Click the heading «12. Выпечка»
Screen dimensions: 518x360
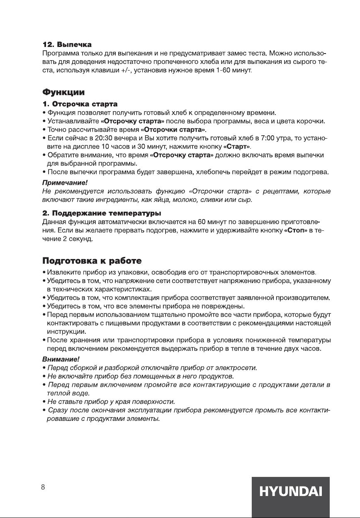(67, 44)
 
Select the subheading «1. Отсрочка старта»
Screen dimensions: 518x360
(80, 103)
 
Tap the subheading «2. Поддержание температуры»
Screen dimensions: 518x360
(102, 213)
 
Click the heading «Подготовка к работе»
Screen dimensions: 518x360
(92, 261)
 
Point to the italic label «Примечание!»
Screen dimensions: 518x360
(65, 183)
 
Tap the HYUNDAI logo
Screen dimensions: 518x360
(290, 492)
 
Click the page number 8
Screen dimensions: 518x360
(43, 488)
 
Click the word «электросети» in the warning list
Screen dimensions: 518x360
(238, 368)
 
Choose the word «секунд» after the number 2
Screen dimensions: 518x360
(80, 239)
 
